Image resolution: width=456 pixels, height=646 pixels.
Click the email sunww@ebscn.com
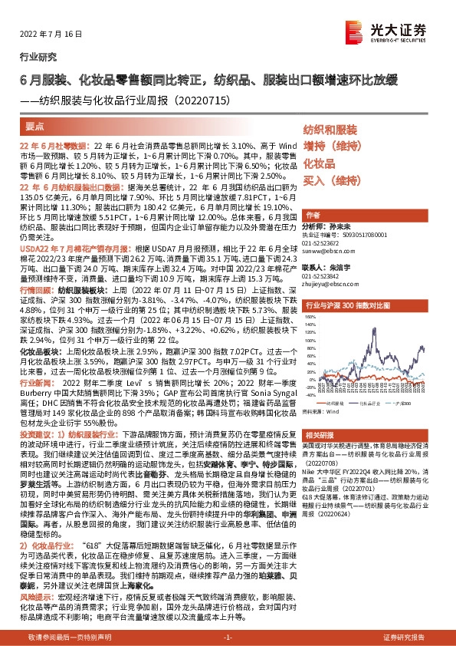coord(325,250)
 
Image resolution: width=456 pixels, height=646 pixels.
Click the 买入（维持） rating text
coord(331,181)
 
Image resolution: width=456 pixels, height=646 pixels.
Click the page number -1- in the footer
coord(228,638)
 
